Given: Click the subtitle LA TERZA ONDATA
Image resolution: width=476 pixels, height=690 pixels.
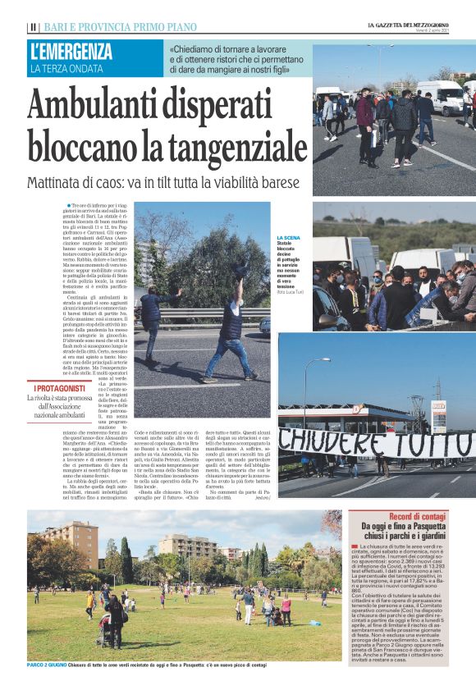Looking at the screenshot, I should [69, 68].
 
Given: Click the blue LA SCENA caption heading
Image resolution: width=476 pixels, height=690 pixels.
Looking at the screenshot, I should [290, 237].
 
